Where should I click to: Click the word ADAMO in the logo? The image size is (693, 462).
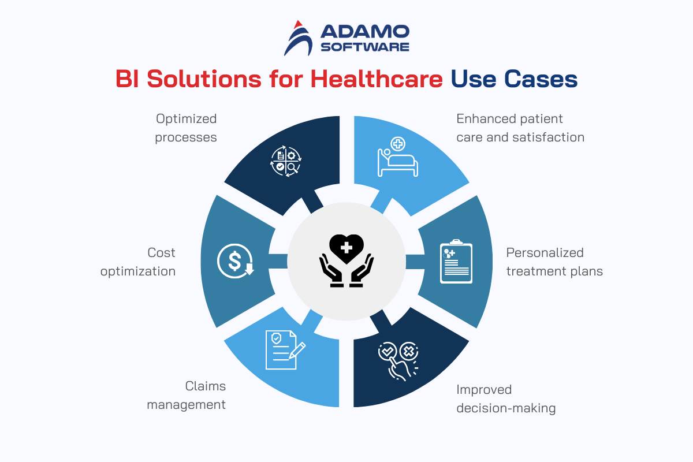point(365,32)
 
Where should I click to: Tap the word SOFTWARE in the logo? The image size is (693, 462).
point(365,47)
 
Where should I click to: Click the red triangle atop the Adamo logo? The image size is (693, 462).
point(298,24)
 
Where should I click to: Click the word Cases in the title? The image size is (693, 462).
point(541,79)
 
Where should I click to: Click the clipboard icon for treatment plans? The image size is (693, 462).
point(456,261)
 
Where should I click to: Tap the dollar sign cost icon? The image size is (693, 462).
point(236,261)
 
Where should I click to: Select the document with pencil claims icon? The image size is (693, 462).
point(285,349)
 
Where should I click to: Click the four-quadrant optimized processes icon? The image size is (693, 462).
point(286,161)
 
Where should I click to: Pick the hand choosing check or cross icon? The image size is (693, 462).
point(398,361)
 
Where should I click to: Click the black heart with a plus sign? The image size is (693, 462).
point(346,249)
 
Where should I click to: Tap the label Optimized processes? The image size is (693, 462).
point(186,128)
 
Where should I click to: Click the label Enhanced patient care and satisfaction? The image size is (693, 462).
point(520,128)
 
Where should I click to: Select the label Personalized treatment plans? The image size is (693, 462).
point(554,262)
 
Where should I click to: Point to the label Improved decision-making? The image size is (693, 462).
point(506,399)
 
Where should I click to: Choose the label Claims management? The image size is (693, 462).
point(186,395)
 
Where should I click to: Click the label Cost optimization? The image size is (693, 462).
point(138,262)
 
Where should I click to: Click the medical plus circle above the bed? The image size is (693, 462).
point(398,144)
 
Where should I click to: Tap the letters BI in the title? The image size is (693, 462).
point(127,79)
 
